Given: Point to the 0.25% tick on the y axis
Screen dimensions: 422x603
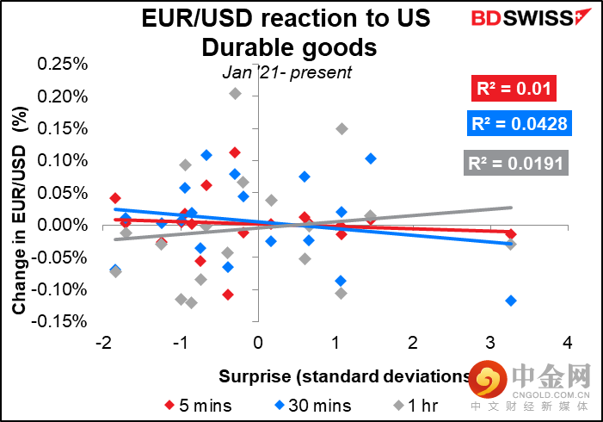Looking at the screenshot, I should coord(66,65).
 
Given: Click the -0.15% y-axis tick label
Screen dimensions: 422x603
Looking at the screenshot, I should coord(65,322).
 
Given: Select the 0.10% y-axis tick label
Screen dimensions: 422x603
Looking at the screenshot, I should coord(66,161).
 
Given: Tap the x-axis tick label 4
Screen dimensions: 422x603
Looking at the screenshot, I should coord(567,343).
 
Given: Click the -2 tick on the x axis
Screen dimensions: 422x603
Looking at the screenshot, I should coord(104,343).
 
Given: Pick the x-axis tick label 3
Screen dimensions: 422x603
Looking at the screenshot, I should coord(489,343).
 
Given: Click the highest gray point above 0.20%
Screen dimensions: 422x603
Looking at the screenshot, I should coord(236,93).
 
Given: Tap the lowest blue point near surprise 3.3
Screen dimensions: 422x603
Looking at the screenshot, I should coord(512,300).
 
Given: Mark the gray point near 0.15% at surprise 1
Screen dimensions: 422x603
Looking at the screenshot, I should coord(341,129).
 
